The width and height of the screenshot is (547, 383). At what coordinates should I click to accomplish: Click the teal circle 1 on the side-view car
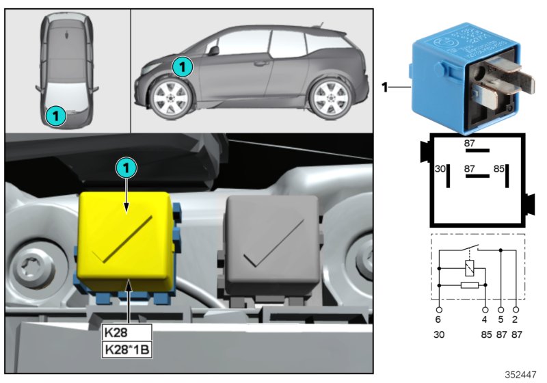pyautogui.click(x=182, y=66)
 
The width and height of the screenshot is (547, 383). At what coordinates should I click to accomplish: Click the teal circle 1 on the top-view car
pyautogui.click(x=56, y=116)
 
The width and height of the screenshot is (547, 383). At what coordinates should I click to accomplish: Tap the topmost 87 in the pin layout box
pyautogui.click(x=470, y=144)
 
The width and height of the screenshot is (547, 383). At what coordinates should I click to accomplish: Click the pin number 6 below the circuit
pyautogui.click(x=438, y=319)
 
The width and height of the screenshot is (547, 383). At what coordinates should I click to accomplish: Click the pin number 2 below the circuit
pyautogui.click(x=516, y=319)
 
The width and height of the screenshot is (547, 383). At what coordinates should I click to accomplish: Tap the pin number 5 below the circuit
pyautogui.click(x=501, y=319)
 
